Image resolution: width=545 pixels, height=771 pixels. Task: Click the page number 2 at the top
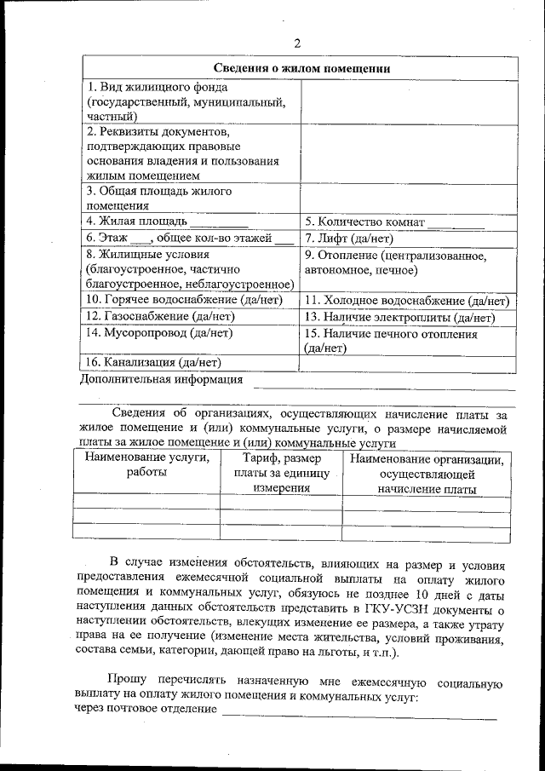pos(296,43)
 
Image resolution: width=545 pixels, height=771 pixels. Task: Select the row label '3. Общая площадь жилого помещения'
pos(159,198)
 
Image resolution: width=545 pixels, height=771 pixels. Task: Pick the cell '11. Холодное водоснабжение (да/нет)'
pos(406,301)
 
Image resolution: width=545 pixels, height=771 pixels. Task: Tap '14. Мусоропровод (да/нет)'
pos(159,333)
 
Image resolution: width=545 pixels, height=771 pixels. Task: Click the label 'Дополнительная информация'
pos(161,379)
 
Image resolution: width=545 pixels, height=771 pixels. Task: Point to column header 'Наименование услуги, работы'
pos(146,465)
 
